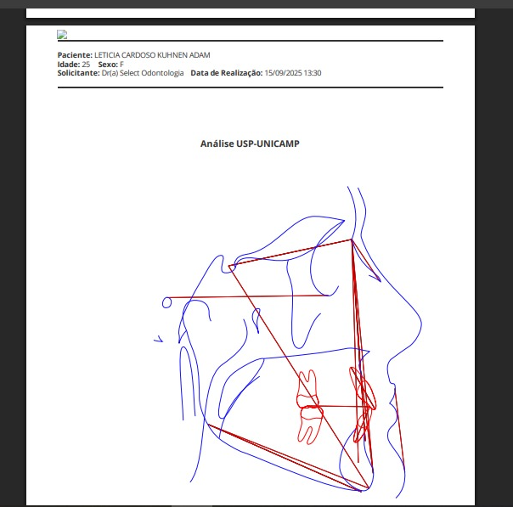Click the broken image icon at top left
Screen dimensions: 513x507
pyautogui.click(x=62, y=34)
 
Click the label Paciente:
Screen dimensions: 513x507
pyautogui.click(x=75, y=55)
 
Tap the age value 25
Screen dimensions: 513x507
pyautogui.click(x=86, y=64)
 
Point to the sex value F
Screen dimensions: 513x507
pyautogui.click(x=121, y=64)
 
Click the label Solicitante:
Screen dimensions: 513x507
pyautogui.click(x=78, y=73)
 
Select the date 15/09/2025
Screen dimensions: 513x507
pyautogui.click(x=283, y=73)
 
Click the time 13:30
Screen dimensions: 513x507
pyautogui.click(x=312, y=73)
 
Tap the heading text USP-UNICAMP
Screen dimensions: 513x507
pyautogui.click(x=268, y=144)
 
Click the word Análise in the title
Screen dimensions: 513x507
pyautogui.click(x=217, y=144)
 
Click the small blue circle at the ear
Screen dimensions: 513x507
pyautogui.click(x=166, y=302)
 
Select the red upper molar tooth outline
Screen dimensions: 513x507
pyautogui.click(x=307, y=388)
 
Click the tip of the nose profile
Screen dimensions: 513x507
pyautogui.click(x=421, y=324)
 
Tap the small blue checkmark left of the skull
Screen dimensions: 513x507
pyautogui.click(x=158, y=339)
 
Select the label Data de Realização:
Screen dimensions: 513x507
pyautogui.click(x=227, y=73)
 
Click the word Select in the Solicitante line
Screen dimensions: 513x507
pyautogui.click(x=130, y=73)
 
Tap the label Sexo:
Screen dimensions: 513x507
pyautogui.click(x=108, y=64)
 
